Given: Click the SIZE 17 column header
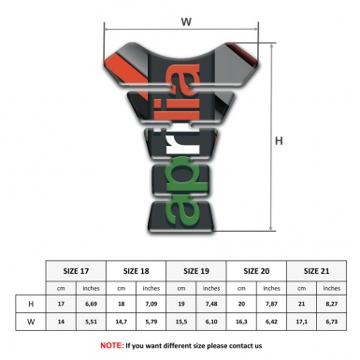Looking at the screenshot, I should [x=77, y=270].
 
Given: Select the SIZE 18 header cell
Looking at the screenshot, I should [x=137, y=270].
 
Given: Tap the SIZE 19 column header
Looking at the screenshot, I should [x=197, y=270].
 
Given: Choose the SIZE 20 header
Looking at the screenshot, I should [x=257, y=270].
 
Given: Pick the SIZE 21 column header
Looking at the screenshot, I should [x=317, y=270].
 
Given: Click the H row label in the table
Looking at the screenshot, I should [x=31, y=305].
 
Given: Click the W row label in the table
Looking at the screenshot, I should [x=31, y=323].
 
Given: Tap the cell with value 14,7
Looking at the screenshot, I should [x=122, y=323].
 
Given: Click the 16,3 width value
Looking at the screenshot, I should [x=242, y=323].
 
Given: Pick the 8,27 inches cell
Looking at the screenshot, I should [x=332, y=305].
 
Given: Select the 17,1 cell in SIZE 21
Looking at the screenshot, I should [x=302, y=323].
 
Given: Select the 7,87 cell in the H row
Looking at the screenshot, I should [x=272, y=305].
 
